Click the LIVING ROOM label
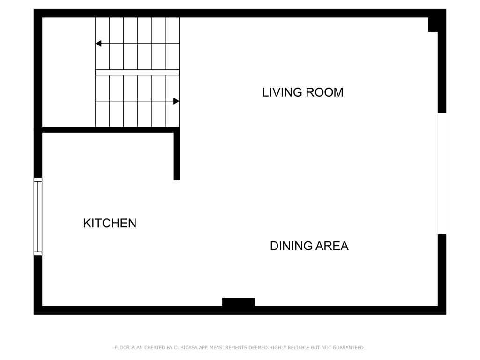tap(303, 92)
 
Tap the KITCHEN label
tap(110, 223)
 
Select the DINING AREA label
tap(309, 246)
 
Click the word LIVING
tap(282, 92)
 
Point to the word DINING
tap(291, 246)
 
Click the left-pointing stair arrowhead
tap(98, 44)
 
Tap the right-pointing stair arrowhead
tap(176, 101)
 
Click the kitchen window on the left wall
tap(37, 217)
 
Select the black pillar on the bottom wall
tap(239, 302)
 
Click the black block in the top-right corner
tap(433, 24)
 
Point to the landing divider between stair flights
tap(137, 73)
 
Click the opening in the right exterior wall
tap(442, 173)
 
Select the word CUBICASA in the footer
tap(186, 347)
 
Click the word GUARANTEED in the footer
tap(349, 347)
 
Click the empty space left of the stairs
tap(68, 72)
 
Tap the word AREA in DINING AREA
tap(332, 246)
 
